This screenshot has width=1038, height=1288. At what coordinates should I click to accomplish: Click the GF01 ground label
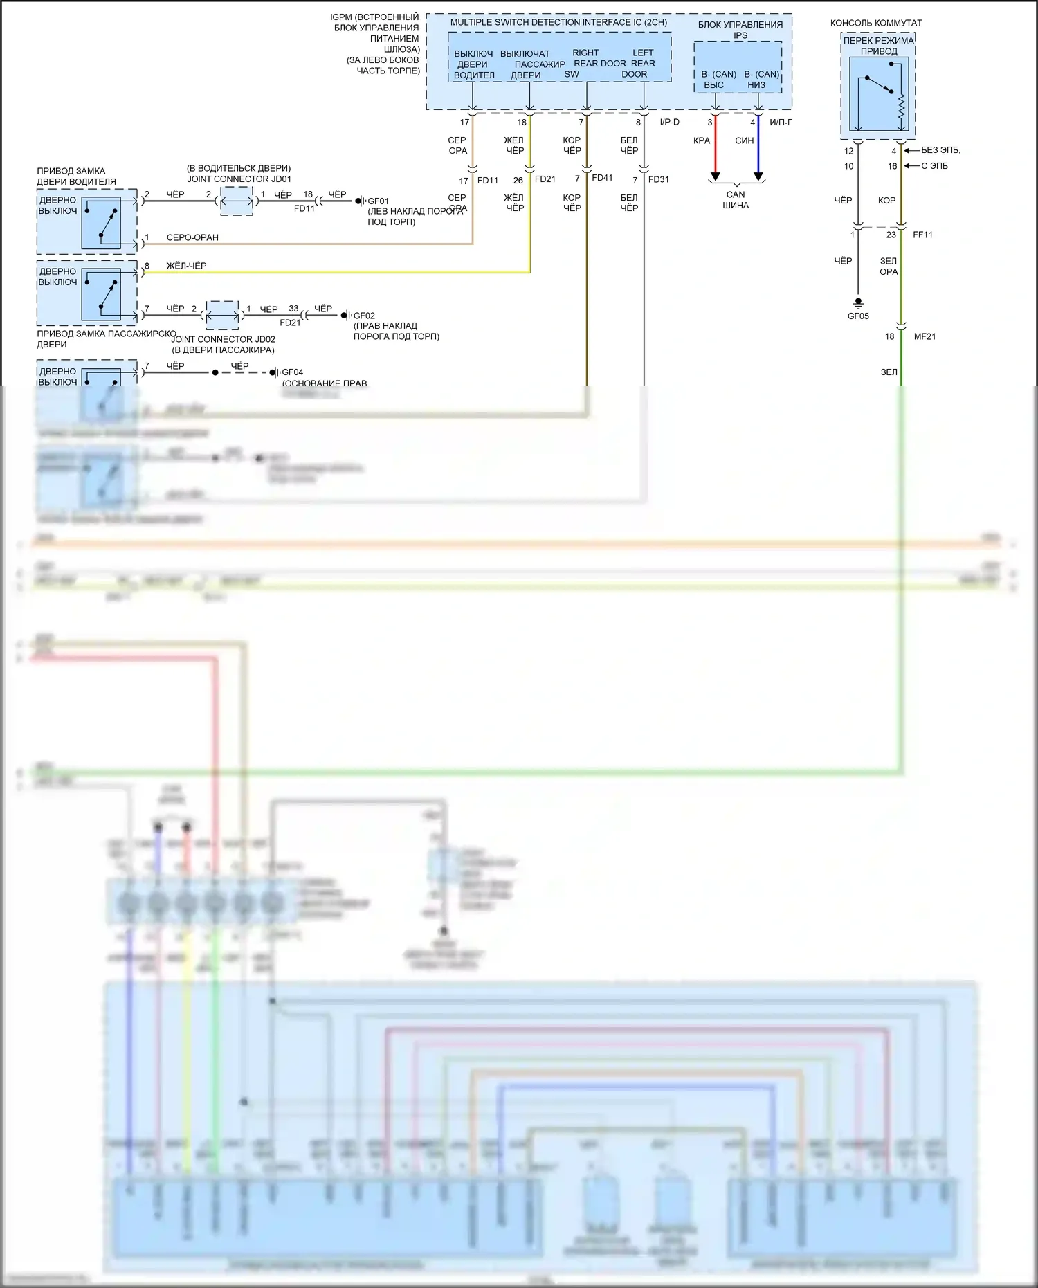click(378, 201)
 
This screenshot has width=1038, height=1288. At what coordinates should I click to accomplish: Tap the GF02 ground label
click(364, 316)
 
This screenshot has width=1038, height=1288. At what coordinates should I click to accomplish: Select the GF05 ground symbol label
click(858, 316)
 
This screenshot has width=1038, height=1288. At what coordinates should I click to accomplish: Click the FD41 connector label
click(602, 178)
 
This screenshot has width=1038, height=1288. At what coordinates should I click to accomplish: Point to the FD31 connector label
click(658, 179)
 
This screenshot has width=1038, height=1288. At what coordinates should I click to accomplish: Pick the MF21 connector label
click(925, 336)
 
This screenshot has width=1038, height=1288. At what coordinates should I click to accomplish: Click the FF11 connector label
click(922, 235)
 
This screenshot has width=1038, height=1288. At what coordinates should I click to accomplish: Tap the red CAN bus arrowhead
click(716, 177)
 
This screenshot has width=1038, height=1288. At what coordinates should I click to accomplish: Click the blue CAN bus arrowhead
click(758, 177)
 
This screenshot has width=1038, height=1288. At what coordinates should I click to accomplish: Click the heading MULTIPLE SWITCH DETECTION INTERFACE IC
click(558, 22)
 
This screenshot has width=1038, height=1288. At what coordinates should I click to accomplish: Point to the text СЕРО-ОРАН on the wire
click(192, 237)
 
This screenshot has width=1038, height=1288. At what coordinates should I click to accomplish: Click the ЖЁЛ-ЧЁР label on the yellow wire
click(186, 266)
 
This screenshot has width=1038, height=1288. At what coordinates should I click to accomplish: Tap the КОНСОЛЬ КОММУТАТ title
click(876, 23)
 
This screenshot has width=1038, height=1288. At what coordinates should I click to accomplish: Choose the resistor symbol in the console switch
click(901, 107)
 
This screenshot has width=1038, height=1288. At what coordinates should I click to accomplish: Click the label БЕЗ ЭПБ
click(940, 150)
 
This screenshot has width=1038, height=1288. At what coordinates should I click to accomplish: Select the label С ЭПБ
click(934, 166)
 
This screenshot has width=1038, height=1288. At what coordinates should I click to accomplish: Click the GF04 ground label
click(292, 372)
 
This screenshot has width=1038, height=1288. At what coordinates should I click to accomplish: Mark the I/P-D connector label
click(669, 123)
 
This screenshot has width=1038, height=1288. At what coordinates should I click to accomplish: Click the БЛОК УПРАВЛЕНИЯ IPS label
click(740, 29)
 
